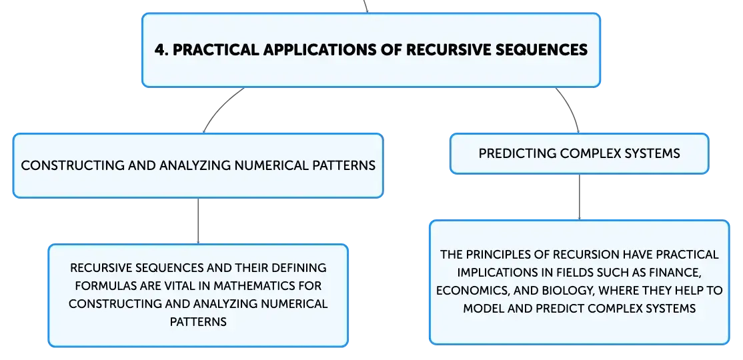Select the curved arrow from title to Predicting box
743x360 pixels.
point(571,107)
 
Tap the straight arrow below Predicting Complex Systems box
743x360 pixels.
point(579,197)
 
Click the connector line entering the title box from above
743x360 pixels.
point(365,6)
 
